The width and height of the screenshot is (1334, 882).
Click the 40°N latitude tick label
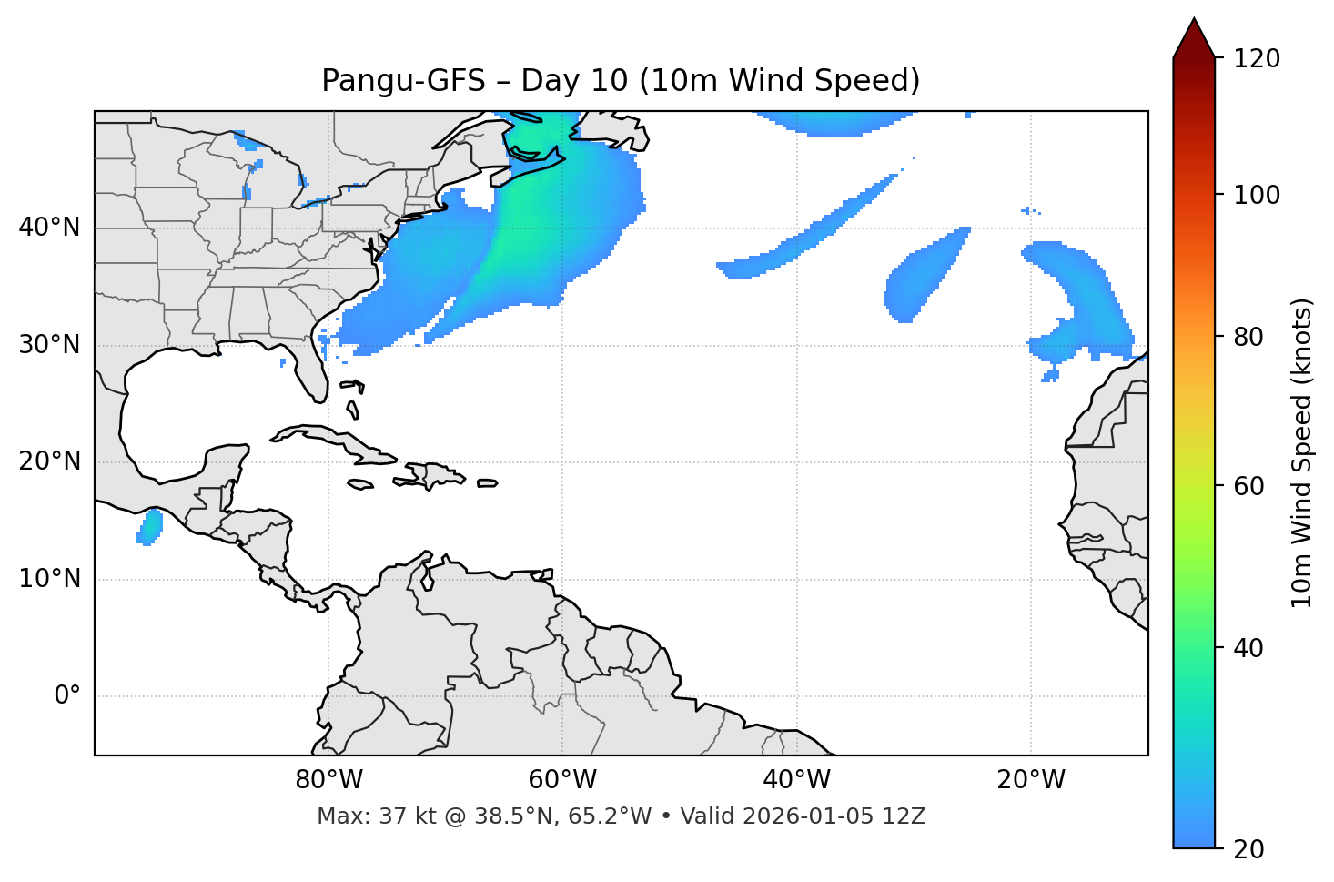[x=49, y=228]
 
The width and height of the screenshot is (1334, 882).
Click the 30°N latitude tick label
[x=49, y=345]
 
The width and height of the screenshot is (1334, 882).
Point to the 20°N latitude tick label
[x=49, y=461]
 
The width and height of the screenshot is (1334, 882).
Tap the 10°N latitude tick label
[x=49, y=579]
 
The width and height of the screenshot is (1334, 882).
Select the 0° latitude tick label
[x=66, y=696]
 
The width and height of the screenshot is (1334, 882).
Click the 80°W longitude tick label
[x=328, y=780]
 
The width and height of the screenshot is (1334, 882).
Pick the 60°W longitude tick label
[x=562, y=780]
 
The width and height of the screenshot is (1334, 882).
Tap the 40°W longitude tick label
[x=796, y=780]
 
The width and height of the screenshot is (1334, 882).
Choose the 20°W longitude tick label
[x=1030, y=780]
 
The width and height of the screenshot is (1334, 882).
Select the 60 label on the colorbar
[x=1248, y=486]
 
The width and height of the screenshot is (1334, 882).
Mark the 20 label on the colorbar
[x=1248, y=849]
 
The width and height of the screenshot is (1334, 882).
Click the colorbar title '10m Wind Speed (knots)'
[x=1302, y=452]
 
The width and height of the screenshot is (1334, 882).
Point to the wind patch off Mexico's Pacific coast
[x=149, y=527]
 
